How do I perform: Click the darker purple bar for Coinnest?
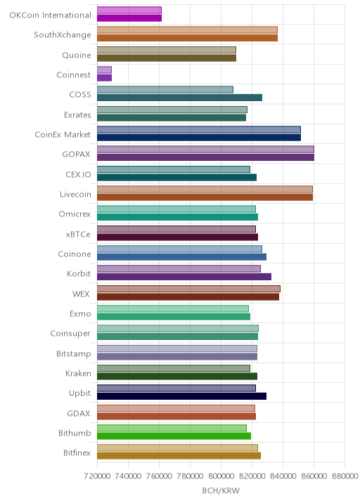click(x=104, y=78)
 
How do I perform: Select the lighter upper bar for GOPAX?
click(x=205, y=149)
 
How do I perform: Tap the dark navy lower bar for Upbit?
click(x=182, y=396)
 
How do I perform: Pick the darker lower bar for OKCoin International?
click(x=129, y=18)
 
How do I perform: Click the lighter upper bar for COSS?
click(x=165, y=89)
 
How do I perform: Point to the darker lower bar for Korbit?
click(x=184, y=277)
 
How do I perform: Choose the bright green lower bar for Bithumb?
click(x=174, y=436)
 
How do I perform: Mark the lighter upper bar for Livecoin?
click(x=205, y=189)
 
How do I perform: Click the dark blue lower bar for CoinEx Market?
click(x=199, y=138)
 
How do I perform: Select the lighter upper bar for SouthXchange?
click(x=187, y=30)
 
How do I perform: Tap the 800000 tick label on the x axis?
click(x=221, y=476)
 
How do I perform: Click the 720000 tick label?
click(x=97, y=476)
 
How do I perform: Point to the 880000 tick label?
click(x=345, y=476)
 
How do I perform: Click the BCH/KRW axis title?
click(x=221, y=491)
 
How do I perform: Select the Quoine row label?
click(x=77, y=55)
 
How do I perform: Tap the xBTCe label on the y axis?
click(x=78, y=234)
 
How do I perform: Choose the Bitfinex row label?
click(x=77, y=453)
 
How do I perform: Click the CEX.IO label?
click(x=78, y=175)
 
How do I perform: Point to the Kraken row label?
click(x=78, y=374)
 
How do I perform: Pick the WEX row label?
click(x=81, y=294)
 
